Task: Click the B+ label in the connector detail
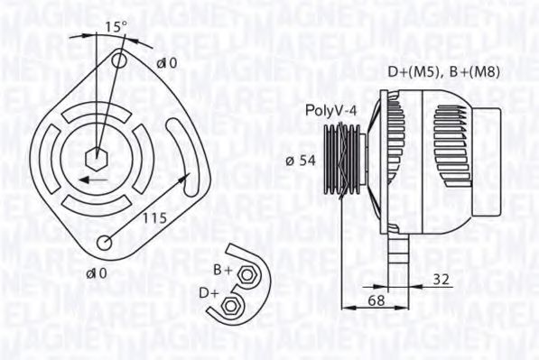click(222, 269)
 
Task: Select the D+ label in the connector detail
click(208, 293)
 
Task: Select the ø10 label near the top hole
click(166, 63)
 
